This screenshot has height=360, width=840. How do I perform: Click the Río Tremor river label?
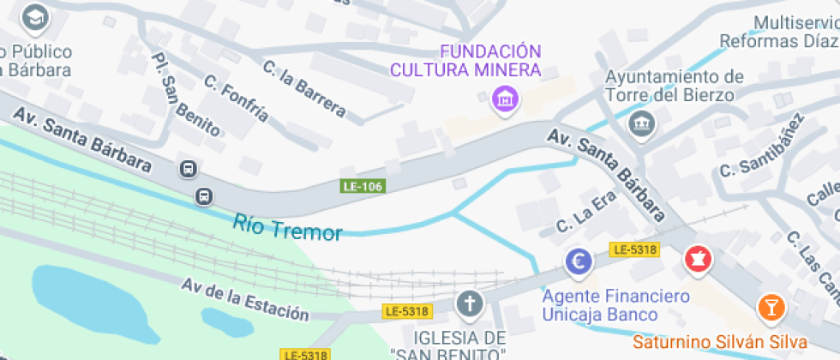(287, 229)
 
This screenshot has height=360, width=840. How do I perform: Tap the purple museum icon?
(506, 99)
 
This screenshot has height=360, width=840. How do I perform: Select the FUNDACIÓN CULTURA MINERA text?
(466, 60)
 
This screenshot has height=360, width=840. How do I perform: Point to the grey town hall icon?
(640, 123)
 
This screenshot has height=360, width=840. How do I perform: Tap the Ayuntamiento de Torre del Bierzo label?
(675, 86)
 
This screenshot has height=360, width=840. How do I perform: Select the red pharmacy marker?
(697, 260)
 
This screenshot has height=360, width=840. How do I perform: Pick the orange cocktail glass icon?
(771, 307)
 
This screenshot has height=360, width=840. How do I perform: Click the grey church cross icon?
(468, 303)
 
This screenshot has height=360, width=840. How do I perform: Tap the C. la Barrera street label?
(304, 87)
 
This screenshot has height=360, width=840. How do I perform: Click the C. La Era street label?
(586, 211)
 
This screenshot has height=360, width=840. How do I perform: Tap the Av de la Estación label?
(244, 298)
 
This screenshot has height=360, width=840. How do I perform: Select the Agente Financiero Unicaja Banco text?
(615, 306)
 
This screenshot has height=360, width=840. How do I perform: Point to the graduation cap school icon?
(35, 16)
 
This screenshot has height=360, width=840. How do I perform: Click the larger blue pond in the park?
(94, 296)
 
